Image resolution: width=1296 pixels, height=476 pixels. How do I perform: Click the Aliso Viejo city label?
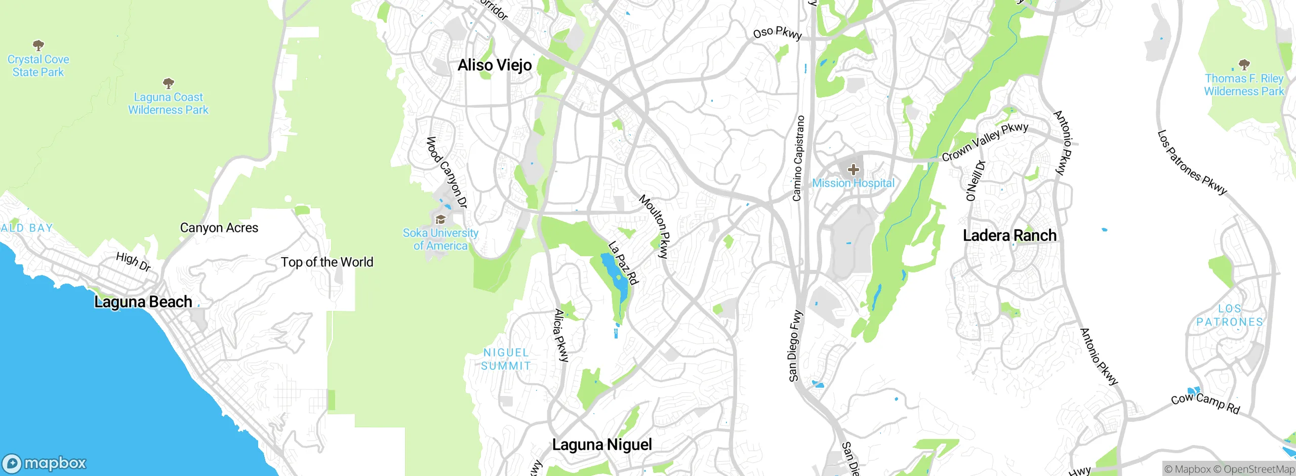(495, 65)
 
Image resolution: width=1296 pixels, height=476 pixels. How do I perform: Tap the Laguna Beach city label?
(143, 302)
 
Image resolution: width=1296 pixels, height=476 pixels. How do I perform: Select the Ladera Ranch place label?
(1009, 235)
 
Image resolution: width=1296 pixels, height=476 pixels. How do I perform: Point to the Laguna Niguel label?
(602, 445)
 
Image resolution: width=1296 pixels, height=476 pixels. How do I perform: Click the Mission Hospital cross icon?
(853, 170)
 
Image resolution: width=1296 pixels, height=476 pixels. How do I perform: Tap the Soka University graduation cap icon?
(440, 220)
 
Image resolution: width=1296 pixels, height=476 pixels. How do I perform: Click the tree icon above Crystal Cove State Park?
(38, 46)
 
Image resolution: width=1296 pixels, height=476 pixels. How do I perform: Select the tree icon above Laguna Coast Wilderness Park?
(168, 83)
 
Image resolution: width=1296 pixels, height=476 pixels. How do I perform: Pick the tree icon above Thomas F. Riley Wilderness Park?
(1244, 64)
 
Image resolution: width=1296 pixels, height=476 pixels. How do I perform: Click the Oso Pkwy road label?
(777, 33)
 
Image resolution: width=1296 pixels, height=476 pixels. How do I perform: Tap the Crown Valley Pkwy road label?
(985, 142)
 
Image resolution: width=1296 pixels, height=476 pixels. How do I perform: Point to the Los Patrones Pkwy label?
(1192, 163)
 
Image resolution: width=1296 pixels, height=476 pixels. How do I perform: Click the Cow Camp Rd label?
(1205, 403)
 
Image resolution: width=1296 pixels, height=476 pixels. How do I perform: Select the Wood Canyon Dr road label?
(446, 172)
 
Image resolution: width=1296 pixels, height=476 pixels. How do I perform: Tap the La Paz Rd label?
(623, 263)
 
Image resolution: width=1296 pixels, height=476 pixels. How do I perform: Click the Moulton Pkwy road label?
(655, 226)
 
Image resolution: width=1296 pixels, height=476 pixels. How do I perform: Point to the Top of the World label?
(327, 262)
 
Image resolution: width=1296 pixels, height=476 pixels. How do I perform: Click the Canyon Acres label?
(219, 228)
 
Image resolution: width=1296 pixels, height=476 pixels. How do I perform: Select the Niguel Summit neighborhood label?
(506, 359)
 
